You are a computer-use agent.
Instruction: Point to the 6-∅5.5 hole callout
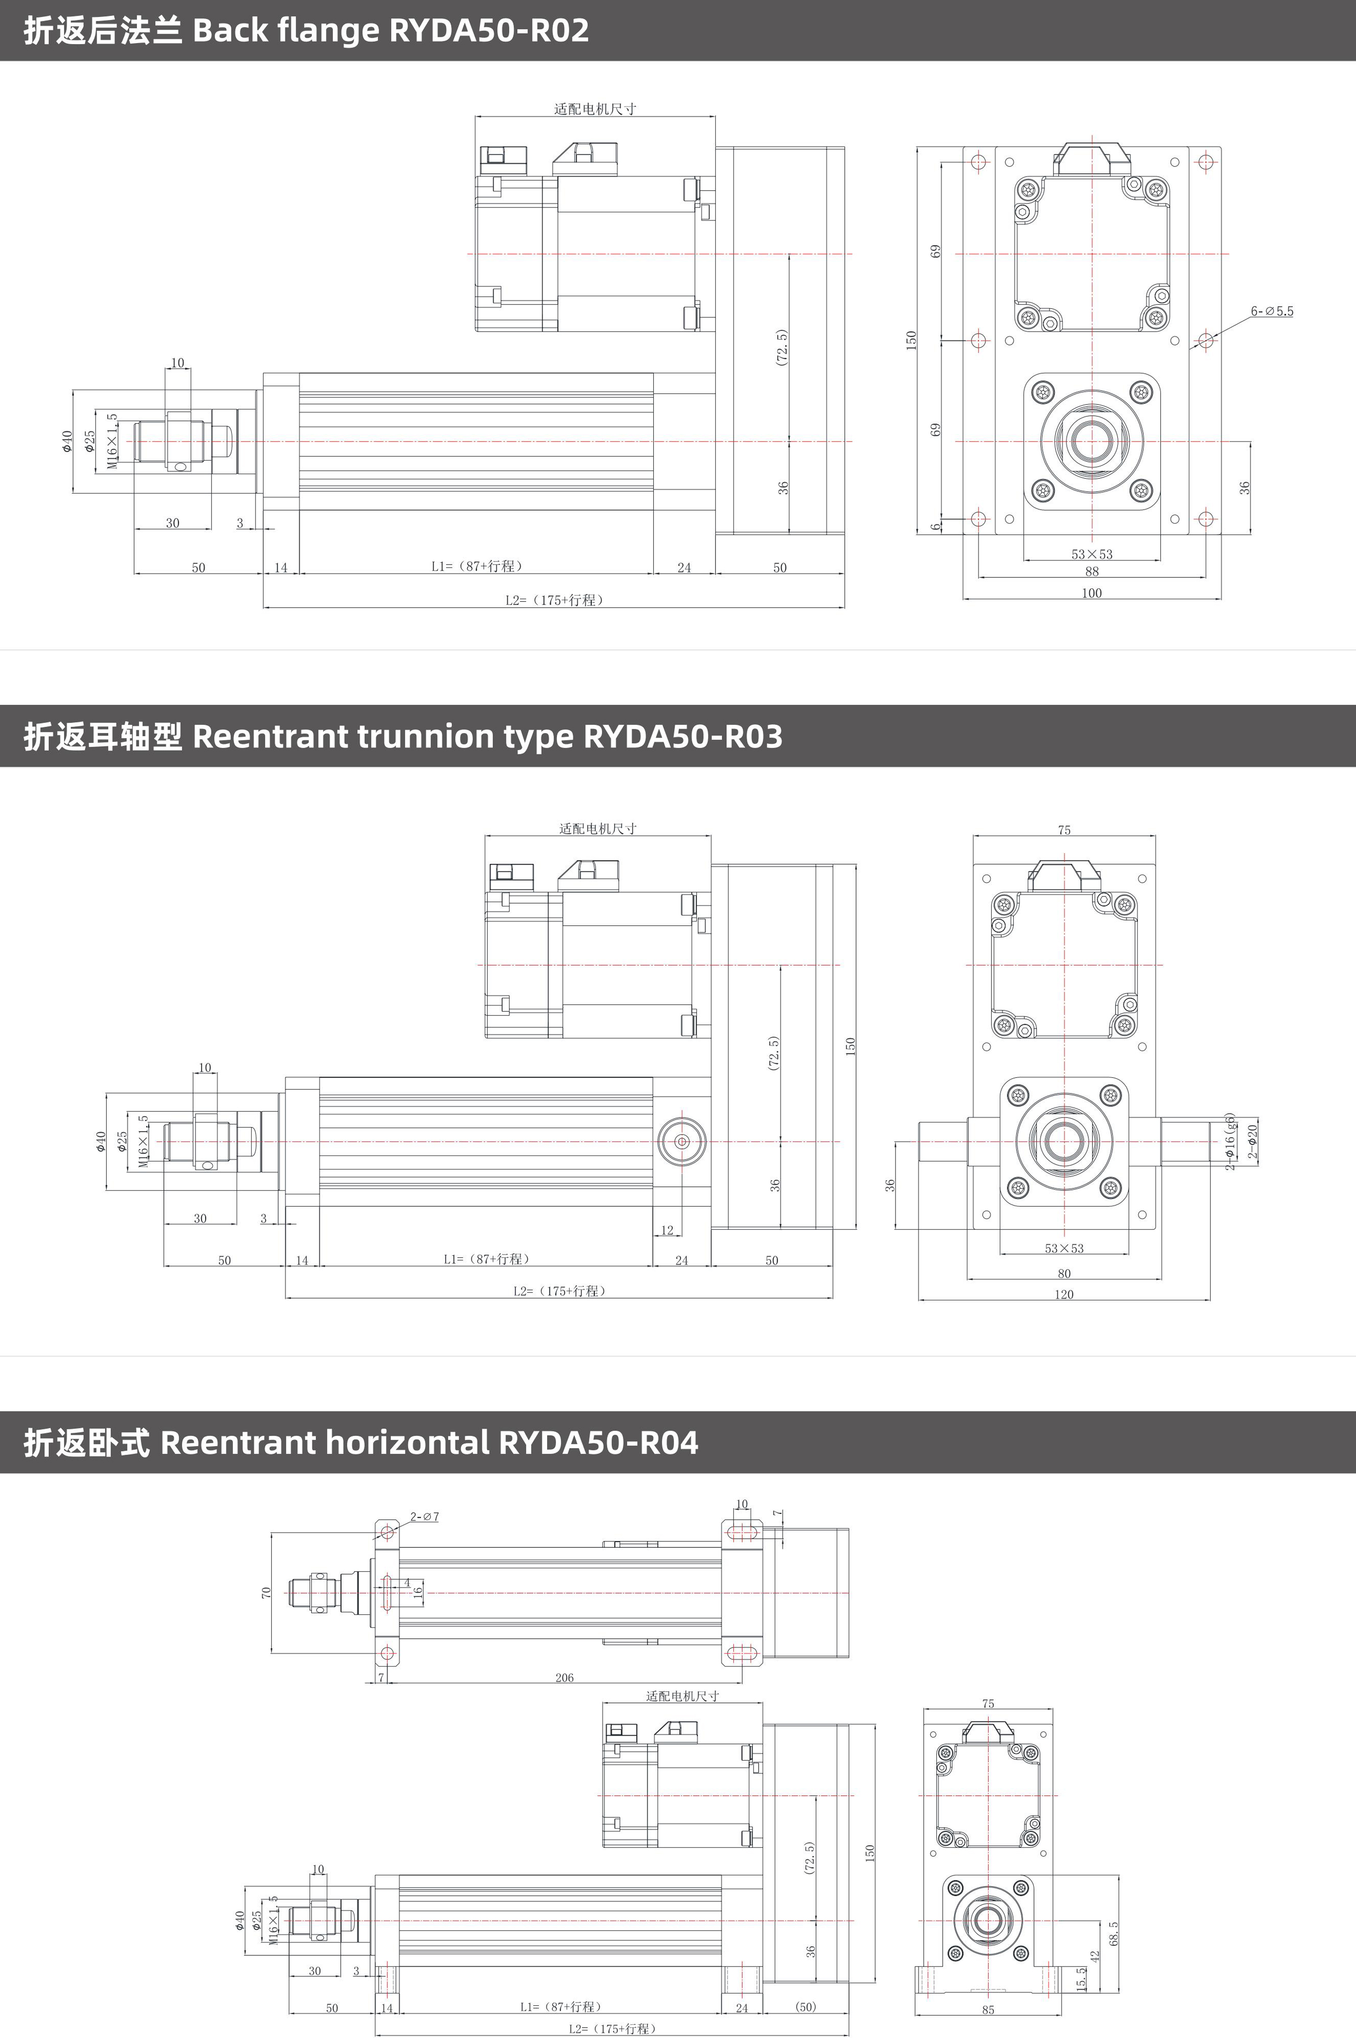(x=1271, y=311)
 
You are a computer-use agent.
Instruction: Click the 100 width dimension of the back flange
(x=1092, y=592)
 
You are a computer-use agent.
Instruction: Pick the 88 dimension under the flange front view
(x=1092, y=571)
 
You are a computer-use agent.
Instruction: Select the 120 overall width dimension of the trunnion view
(x=1064, y=1294)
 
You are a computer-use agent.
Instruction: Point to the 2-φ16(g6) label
(x=1230, y=1142)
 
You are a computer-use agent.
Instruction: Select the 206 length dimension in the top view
(x=564, y=1677)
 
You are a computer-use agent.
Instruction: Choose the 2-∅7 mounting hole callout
(x=425, y=1516)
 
